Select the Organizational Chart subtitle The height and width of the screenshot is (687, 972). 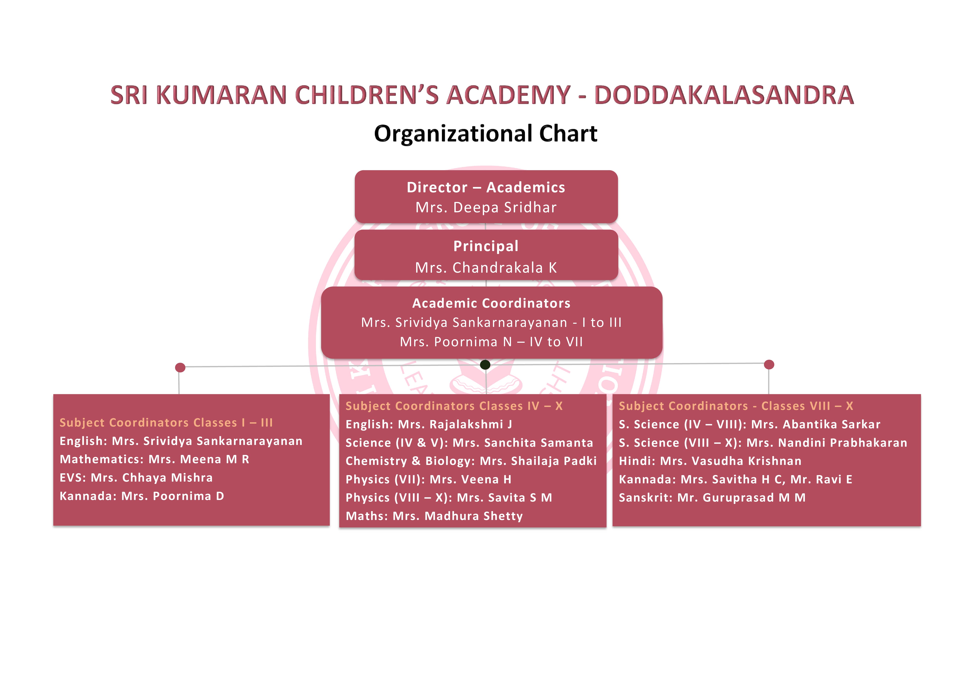click(486, 134)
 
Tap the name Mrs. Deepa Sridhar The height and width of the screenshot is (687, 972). click(486, 207)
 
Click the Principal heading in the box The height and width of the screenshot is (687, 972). click(486, 246)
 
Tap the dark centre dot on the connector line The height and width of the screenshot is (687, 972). click(486, 365)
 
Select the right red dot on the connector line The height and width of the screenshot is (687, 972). click(769, 364)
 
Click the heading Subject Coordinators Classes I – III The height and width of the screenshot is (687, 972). click(166, 423)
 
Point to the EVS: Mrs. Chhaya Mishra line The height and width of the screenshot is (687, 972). click(136, 478)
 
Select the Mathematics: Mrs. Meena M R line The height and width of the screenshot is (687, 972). click(155, 459)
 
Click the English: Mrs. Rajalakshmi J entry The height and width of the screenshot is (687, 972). click(429, 424)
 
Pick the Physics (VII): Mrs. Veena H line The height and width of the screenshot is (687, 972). click(428, 479)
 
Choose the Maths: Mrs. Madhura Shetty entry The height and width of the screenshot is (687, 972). click(434, 516)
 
